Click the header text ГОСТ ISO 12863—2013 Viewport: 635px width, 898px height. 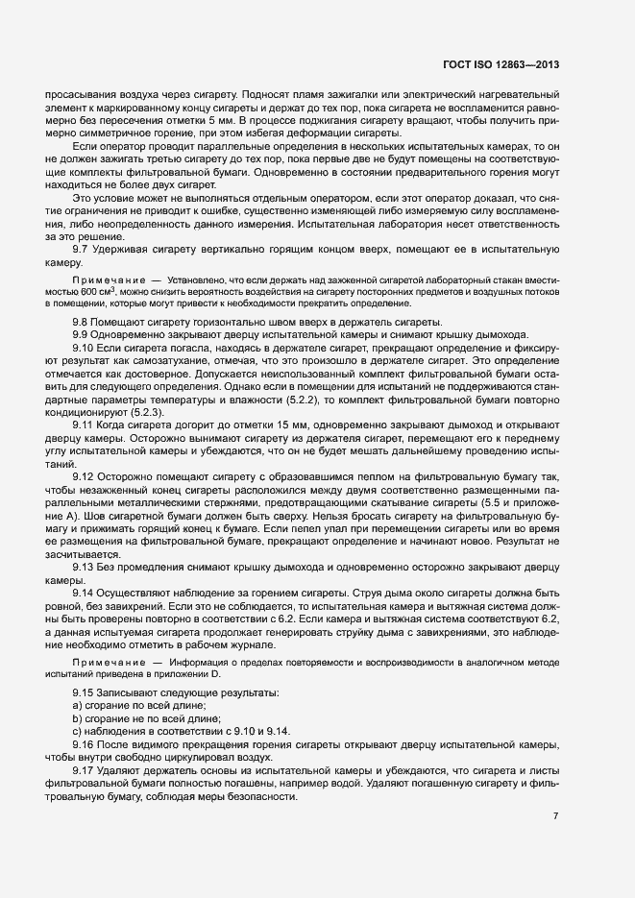click(501, 65)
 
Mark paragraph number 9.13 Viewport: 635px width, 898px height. click(85, 567)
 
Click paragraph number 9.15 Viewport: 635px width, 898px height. click(85, 692)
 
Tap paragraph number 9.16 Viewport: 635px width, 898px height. click(85, 746)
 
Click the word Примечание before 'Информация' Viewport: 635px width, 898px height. click(107, 663)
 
